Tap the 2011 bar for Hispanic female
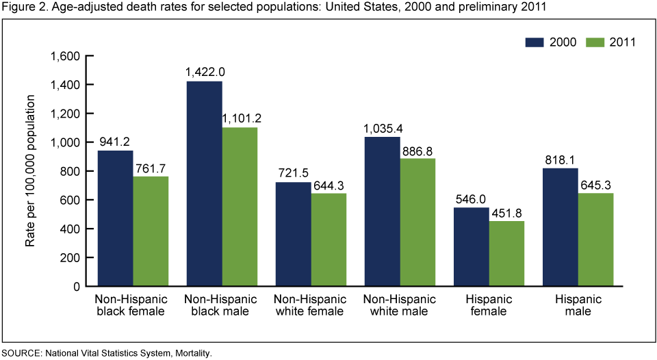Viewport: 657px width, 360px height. [506, 253]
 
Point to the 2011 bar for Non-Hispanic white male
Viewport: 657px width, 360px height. [417, 222]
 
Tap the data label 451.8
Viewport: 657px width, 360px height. [506, 213]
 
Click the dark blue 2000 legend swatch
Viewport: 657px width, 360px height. [534, 42]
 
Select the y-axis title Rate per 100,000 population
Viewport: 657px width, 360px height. [31, 171]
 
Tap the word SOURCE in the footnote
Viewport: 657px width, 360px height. [21, 354]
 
